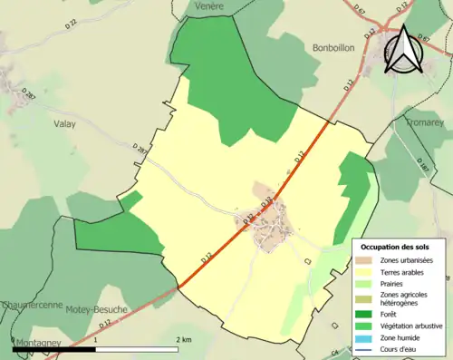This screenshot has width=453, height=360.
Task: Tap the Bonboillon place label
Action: pos(338,48)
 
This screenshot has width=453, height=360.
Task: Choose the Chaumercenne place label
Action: pos(31,306)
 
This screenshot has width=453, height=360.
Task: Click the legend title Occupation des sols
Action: pos(395,247)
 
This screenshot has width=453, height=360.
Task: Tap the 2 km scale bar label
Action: pos(185,339)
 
